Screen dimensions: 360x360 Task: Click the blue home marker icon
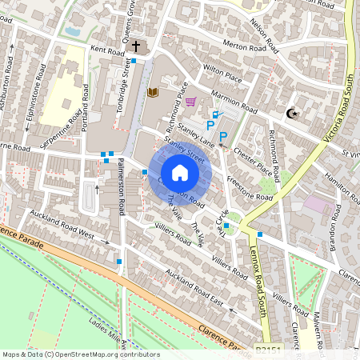tap(180, 173)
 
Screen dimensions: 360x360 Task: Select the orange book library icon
tap(152, 94)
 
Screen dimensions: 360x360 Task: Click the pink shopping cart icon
tap(190, 102)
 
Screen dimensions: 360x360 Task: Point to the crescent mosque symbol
tap(292, 113)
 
